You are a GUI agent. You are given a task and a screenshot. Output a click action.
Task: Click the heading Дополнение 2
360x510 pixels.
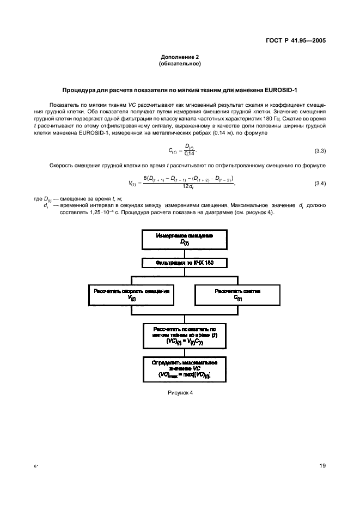click(180, 57)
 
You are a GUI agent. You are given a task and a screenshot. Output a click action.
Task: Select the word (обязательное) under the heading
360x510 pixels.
click(180, 64)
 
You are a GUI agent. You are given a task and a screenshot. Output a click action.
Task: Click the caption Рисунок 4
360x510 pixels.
click(180, 392)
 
